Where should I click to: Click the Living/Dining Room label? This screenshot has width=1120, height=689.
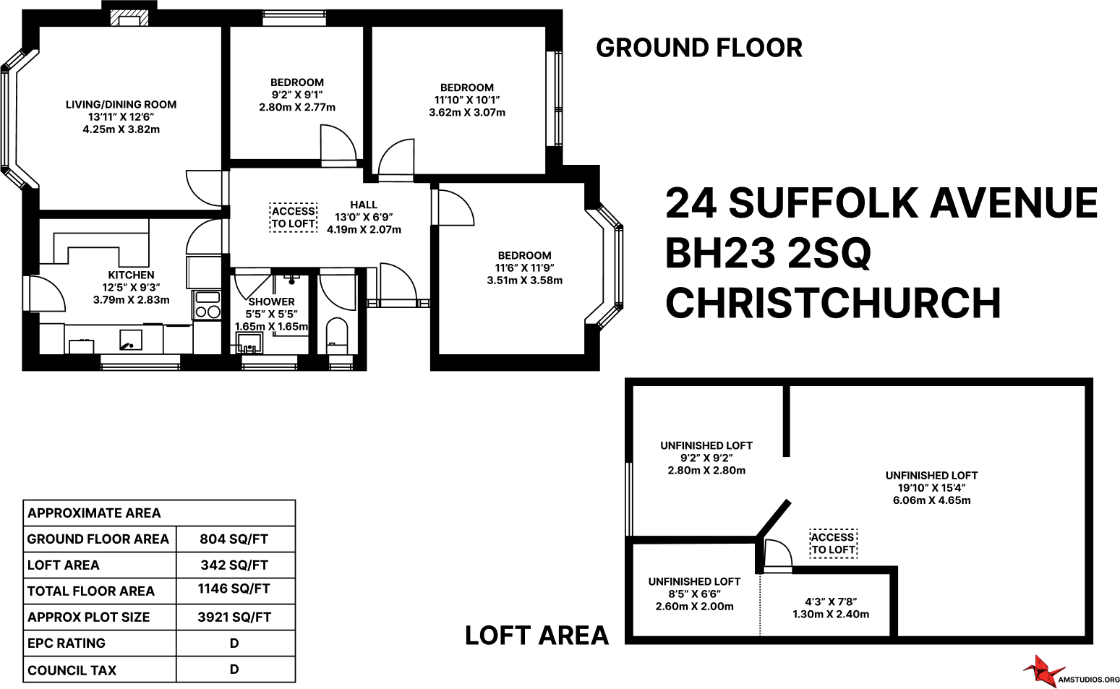point(121,105)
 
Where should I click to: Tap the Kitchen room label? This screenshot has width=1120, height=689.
point(131,275)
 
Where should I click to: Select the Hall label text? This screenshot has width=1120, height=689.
point(364,205)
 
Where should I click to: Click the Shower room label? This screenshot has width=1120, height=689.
point(271,302)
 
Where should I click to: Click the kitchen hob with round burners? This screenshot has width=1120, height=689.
point(208,312)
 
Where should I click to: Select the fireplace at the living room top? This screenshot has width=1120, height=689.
point(129,17)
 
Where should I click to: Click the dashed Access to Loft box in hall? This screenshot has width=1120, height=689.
point(293,218)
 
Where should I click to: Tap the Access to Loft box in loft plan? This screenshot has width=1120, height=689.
point(833,544)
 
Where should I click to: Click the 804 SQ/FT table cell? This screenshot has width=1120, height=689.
point(234,539)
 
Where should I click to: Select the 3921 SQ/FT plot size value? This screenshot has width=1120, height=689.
point(234,617)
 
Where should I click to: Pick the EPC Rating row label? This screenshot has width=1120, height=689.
point(67,643)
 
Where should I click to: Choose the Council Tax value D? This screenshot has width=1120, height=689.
point(234,669)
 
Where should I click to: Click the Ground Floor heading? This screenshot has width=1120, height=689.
point(698,48)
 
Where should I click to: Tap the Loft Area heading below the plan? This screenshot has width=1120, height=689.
point(537,635)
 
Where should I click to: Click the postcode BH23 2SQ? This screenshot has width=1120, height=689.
point(768,254)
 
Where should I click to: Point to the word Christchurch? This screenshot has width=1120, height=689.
point(833,304)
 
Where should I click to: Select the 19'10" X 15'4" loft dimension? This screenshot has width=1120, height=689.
point(931,488)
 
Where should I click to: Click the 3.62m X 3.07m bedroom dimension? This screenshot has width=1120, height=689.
point(467,113)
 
